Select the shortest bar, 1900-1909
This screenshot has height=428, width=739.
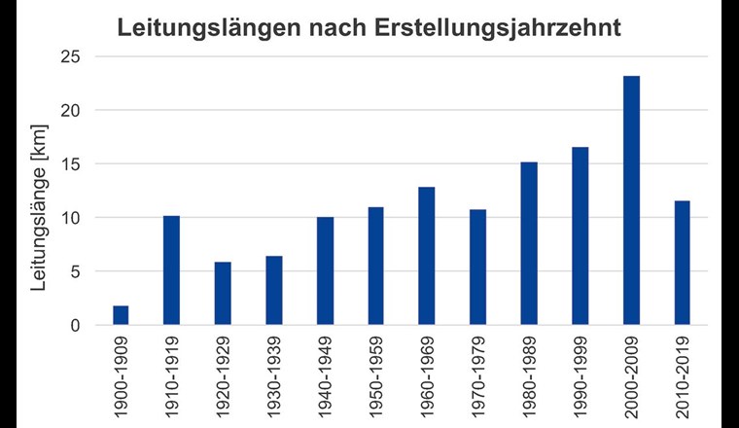[121, 315]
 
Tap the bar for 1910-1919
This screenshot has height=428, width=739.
[171, 270]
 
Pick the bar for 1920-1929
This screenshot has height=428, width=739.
[223, 293]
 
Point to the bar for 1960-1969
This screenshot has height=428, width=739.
[427, 256]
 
